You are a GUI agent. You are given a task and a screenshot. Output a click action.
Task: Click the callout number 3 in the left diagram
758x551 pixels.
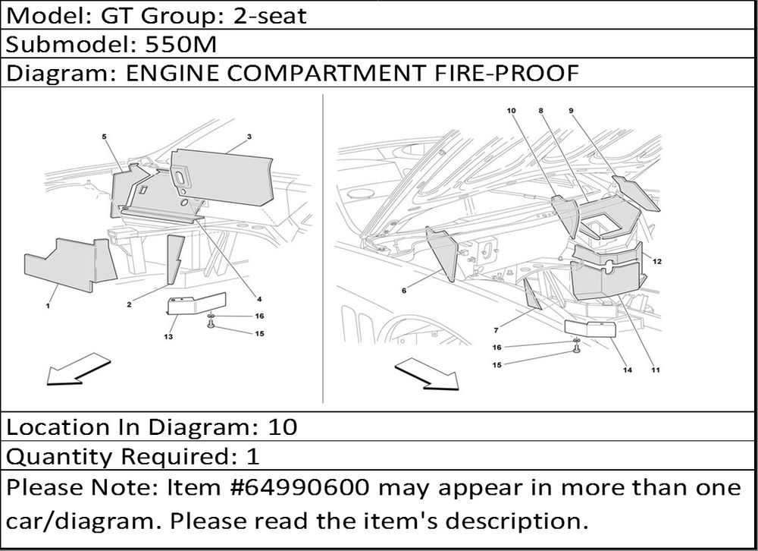click(249, 137)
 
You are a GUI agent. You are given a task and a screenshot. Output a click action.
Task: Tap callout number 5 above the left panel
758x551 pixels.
click(104, 137)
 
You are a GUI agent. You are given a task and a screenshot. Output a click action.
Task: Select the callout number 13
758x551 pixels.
click(168, 336)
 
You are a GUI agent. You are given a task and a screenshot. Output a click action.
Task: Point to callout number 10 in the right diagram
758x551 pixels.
click(511, 110)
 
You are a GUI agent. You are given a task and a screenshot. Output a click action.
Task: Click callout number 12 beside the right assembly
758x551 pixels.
click(657, 261)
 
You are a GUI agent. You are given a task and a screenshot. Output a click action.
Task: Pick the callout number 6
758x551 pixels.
click(404, 291)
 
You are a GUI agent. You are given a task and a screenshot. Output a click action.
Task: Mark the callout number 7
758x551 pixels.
click(496, 330)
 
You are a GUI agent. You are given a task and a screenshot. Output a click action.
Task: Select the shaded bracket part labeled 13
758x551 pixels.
click(195, 304)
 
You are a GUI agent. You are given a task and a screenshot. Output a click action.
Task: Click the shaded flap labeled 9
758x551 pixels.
click(636, 193)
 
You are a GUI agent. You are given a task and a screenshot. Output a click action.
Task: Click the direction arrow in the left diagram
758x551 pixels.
click(78, 370)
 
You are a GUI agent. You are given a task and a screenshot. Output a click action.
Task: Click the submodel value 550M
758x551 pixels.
click(181, 45)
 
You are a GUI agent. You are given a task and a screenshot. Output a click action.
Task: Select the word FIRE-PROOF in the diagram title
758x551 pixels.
click(506, 73)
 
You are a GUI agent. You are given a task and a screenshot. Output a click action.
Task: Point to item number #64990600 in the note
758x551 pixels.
click(302, 487)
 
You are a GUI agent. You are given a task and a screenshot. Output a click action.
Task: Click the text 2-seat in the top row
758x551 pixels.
click(270, 16)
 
